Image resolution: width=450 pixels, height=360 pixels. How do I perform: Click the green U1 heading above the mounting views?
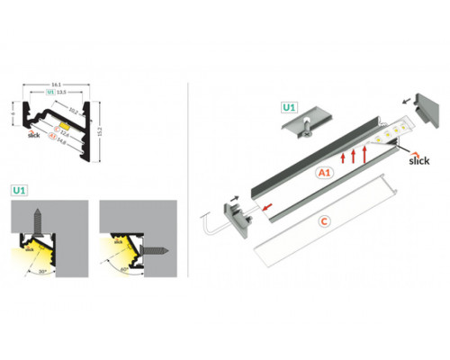(19, 191)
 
